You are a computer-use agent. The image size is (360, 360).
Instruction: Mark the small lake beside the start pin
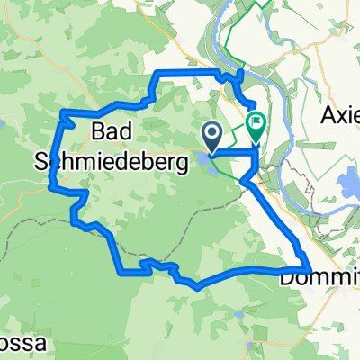199,162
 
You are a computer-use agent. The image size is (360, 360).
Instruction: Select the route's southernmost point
199,287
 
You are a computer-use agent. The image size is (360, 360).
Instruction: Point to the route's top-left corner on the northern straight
157,72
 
